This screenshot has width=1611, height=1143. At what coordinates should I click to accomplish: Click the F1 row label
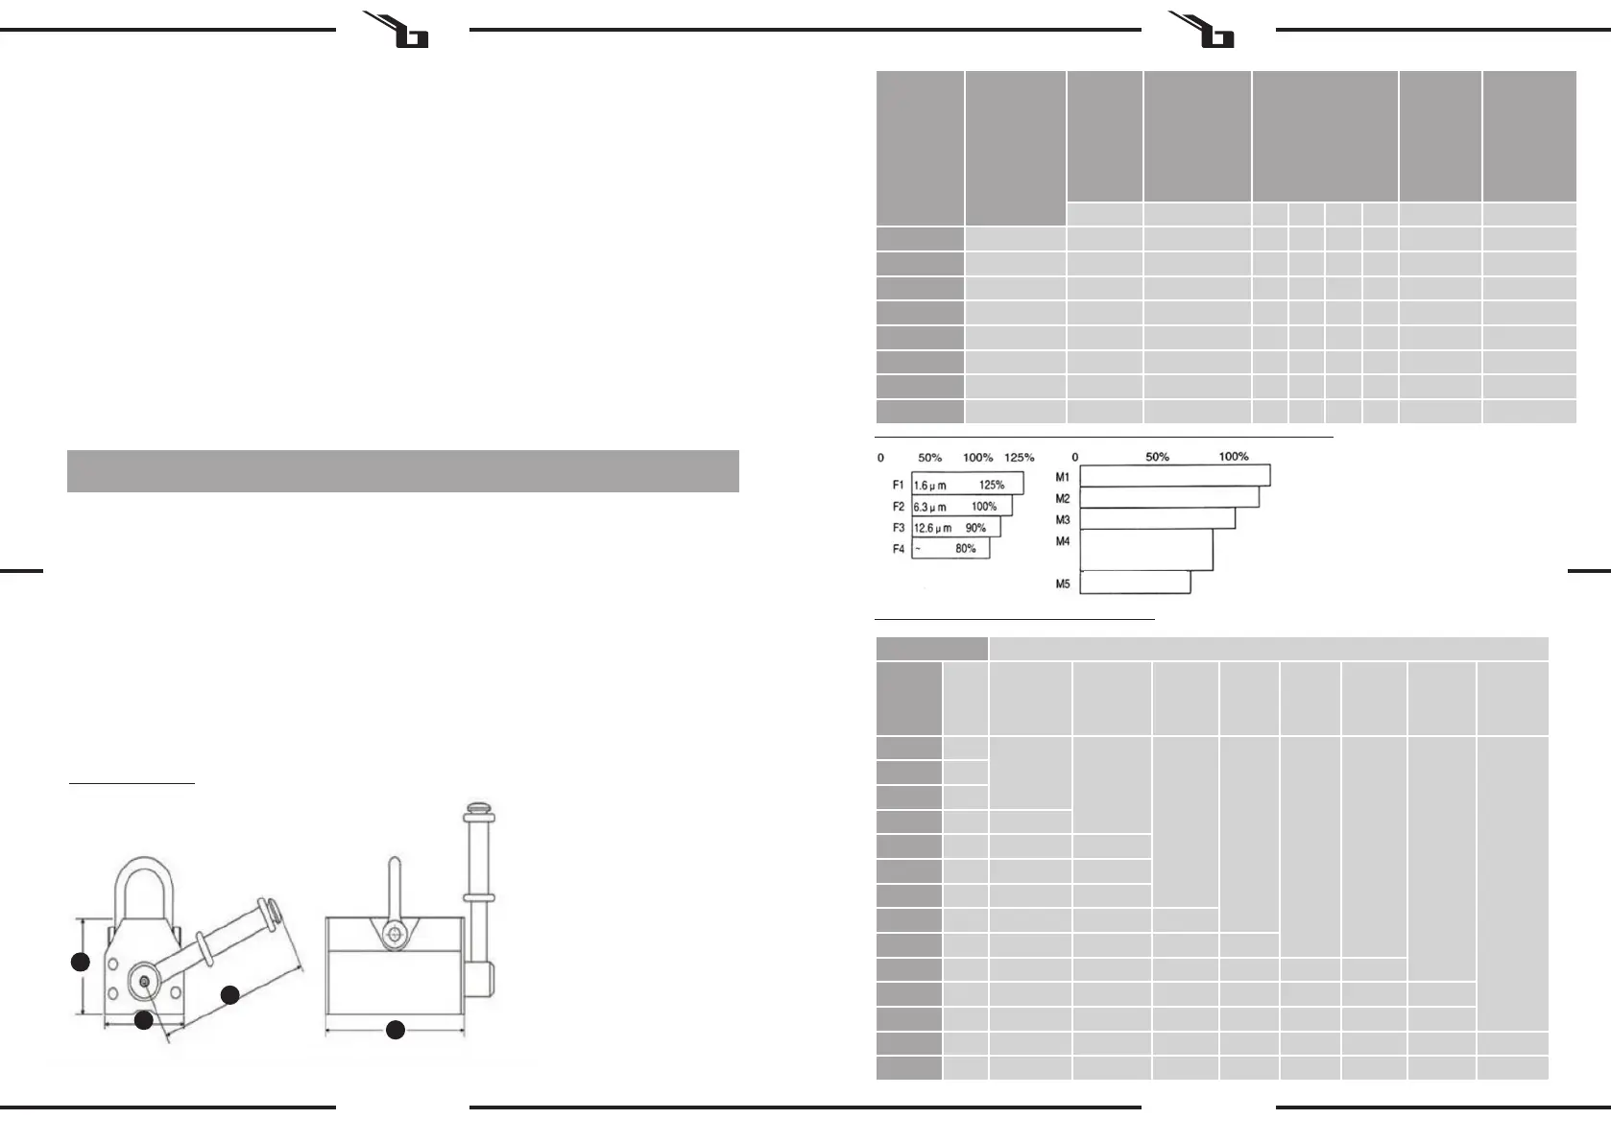coord(899,486)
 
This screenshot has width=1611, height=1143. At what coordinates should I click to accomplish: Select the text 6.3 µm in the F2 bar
coord(929,507)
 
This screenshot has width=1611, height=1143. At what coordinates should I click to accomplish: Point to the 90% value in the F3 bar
coord(975,528)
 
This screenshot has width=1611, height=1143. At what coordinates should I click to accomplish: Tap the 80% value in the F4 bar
coord(965,549)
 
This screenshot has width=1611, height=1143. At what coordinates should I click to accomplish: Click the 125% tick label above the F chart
coord(1019,458)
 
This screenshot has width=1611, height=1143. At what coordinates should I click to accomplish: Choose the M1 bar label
coord(1063,477)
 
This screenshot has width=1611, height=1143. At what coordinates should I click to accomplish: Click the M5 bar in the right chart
coord(1135,583)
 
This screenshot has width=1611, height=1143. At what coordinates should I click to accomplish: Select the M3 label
coord(1063,520)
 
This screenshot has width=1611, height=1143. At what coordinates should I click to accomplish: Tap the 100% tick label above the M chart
coord(1234,457)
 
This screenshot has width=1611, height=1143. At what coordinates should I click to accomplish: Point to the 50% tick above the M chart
coord(1157,457)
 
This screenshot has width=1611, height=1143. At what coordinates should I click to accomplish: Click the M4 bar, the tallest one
coord(1146,550)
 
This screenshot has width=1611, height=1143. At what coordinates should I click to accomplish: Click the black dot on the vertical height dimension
coord(82,962)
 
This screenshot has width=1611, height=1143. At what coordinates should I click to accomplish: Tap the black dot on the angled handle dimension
coord(230,995)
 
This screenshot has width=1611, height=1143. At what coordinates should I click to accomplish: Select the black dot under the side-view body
coord(395,1031)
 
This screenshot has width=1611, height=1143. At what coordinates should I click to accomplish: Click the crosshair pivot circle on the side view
coord(393,935)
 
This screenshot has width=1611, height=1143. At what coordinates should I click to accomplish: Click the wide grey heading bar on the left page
coord(402,471)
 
